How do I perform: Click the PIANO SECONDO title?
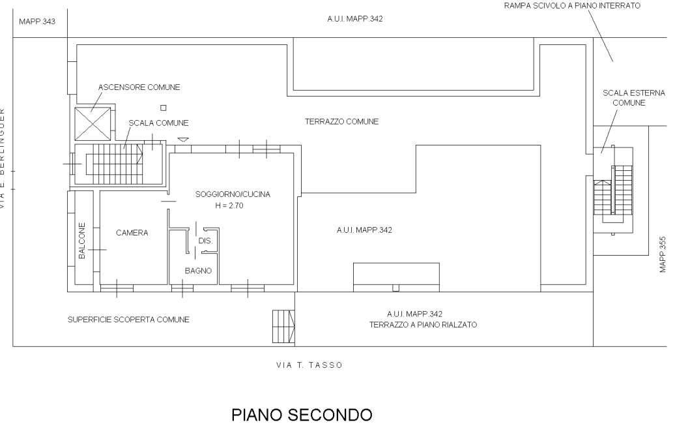[x=302, y=415]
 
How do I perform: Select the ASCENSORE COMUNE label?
[x=139, y=87]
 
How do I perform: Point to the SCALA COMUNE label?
[x=158, y=123]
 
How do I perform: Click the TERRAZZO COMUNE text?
[x=341, y=122]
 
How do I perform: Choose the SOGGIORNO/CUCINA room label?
[x=233, y=194]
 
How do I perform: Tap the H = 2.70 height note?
[x=229, y=205]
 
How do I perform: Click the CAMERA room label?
[x=132, y=233]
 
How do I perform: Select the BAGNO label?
[x=198, y=271]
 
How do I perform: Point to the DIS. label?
[x=205, y=241]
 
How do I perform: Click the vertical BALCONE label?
[x=82, y=241]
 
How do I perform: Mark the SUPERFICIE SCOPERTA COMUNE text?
[x=128, y=320]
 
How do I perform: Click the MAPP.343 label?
[x=37, y=22]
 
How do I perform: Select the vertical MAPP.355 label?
[x=663, y=254]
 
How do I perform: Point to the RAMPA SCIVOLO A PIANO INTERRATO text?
[x=572, y=6]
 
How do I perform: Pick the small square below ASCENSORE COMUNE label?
[x=164, y=108]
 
